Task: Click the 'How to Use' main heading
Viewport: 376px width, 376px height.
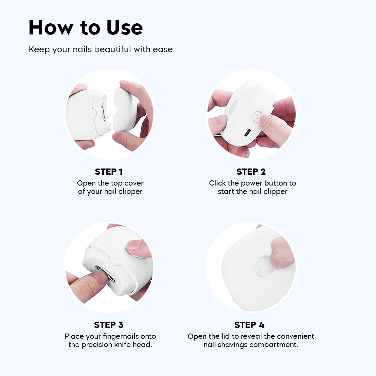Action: [86, 28]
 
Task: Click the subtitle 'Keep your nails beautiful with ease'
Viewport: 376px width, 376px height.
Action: [101, 49]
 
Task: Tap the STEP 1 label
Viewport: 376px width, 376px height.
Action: [109, 172]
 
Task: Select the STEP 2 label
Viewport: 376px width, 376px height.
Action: [251, 172]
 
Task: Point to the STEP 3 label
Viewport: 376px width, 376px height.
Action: [109, 325]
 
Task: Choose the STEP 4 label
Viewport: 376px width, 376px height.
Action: [249, 325]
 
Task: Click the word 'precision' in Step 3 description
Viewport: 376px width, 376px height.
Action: [97, 345]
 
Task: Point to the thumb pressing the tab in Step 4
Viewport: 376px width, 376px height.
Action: [280, 251]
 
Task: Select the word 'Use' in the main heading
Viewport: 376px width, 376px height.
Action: [125, 28]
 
